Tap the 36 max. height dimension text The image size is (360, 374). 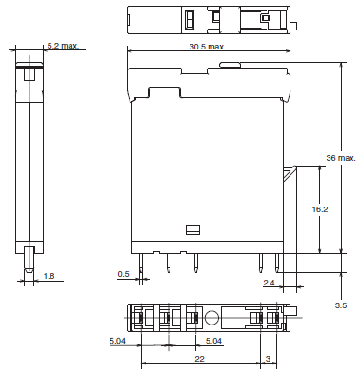point(340,156)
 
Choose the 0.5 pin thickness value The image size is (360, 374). point(123,274)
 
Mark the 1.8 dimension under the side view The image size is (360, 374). point(50,276)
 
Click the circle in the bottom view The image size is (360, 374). point(210,318)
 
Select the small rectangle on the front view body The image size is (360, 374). point(191,229)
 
